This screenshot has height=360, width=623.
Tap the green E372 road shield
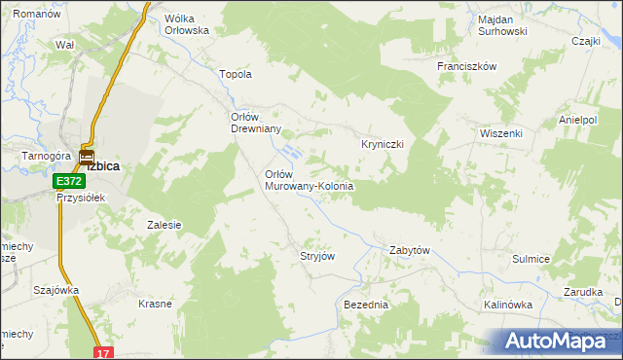pyautogui.click(x=68, y=182)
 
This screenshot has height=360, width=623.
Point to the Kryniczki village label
pyautogui.click(x=389, y=143)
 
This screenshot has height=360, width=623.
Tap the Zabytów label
pyautogui.click(x=410, y=250)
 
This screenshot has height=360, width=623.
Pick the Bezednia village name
pyautogui.click(x=366, y=305)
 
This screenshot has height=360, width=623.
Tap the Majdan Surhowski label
pyautogui.click(x=502, y=25)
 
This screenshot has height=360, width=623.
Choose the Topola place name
pyautogui.click(x=238, y=74)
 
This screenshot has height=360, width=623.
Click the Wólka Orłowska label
pyautogui.click(x=188, y=24)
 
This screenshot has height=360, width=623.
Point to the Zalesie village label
pyautogui.click(x=165, y=225)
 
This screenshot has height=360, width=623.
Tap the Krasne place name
pyautogui.click(x=155, y=304)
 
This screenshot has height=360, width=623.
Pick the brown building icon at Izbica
pyautogui.click(x=86, y=156)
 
